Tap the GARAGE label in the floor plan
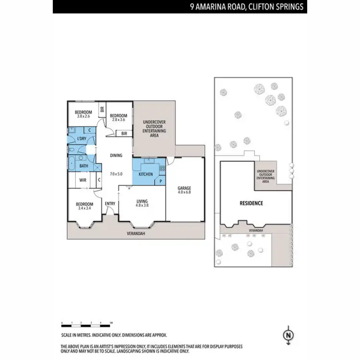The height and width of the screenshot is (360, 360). tap(185, 188)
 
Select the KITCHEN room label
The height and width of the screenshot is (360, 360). tap(146, 174)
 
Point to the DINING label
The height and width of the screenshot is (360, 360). tap(116, 155)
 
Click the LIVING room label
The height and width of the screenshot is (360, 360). tap(142, 201)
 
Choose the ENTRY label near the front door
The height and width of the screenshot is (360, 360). tap(110, 204)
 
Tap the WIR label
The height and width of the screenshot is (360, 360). tap(83, 180)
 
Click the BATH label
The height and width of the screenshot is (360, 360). tap(84, 167)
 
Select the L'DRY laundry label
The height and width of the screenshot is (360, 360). tap(82, 139)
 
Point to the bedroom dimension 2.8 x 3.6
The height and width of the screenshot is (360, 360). tap(118, 120)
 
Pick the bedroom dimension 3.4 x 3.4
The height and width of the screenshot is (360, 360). tap(84, 208)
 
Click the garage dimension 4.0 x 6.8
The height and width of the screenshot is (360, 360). tap(185, 193)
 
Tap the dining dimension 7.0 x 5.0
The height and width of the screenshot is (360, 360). tap(116, 173)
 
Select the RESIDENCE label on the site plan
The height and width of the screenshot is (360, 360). tap(251, 203)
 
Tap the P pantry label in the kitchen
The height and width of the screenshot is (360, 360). tap(160, 181)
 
